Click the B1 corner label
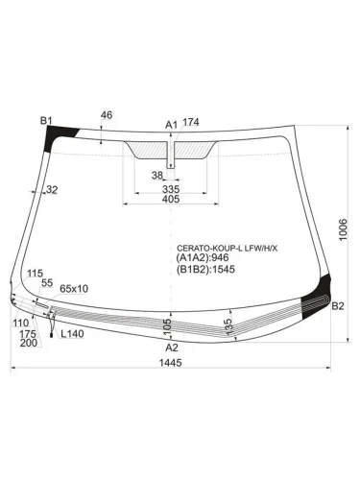pos(45,120)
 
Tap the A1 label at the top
pos(171,124)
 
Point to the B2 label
pos(337,306)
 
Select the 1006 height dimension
pos(344,229)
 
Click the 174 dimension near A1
pos(190,122)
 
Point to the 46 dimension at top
pos(106,115)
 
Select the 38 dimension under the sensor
pos(156,174)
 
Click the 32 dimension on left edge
pos(51,190)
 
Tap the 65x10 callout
pos(74,288)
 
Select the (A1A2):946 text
pos(203,257)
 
